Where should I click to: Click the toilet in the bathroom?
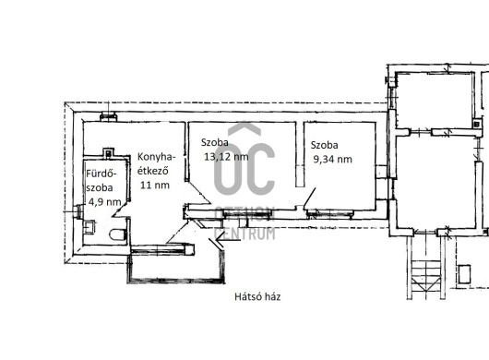pos(117,234)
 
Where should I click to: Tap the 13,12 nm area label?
pos(226,157)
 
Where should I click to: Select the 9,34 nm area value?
pos(332,160)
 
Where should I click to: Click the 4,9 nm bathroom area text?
pos(105,202)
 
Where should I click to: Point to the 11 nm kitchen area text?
pos(155,185)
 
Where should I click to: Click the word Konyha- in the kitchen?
pos(157,157)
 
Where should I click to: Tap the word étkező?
pos(153,171)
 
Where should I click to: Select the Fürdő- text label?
pos(101,174)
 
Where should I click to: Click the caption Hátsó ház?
pos(257,296)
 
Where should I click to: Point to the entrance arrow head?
pos(220,240)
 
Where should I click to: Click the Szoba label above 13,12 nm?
pos(215,142)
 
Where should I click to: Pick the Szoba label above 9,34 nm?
pos(325,145)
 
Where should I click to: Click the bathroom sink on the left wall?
pos(89,226)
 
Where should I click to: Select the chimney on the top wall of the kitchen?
pos(108,117)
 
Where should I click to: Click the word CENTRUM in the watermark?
pos(245,234)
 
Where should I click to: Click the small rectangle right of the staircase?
pos(464,274)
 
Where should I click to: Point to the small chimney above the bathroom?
pos(108,152)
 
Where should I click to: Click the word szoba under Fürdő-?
pos(100,187)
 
